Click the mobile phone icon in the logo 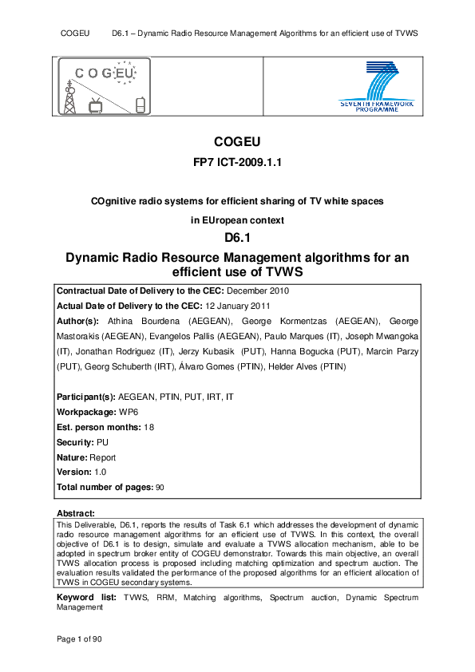[141, 105]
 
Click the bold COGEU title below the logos [237, 142]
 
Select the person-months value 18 [149, 428]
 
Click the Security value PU [101, 442]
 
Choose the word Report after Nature [103, 457]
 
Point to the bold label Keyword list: [84, 597]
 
